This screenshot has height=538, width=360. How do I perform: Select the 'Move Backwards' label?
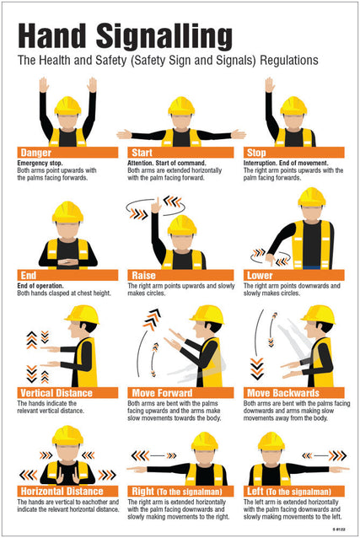tap(291, 393)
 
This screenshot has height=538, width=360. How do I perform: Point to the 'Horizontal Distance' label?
tap(67, 491)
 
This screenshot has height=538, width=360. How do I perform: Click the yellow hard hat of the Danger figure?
tap(67, 105)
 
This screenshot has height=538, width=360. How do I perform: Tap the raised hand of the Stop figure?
tap(270, 84)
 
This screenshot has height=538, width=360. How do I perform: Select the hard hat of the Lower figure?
tap(311, 196)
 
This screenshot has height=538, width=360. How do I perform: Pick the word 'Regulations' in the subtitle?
tap(287, 62)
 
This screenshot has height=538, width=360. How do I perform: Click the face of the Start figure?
tap(181, 121)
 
